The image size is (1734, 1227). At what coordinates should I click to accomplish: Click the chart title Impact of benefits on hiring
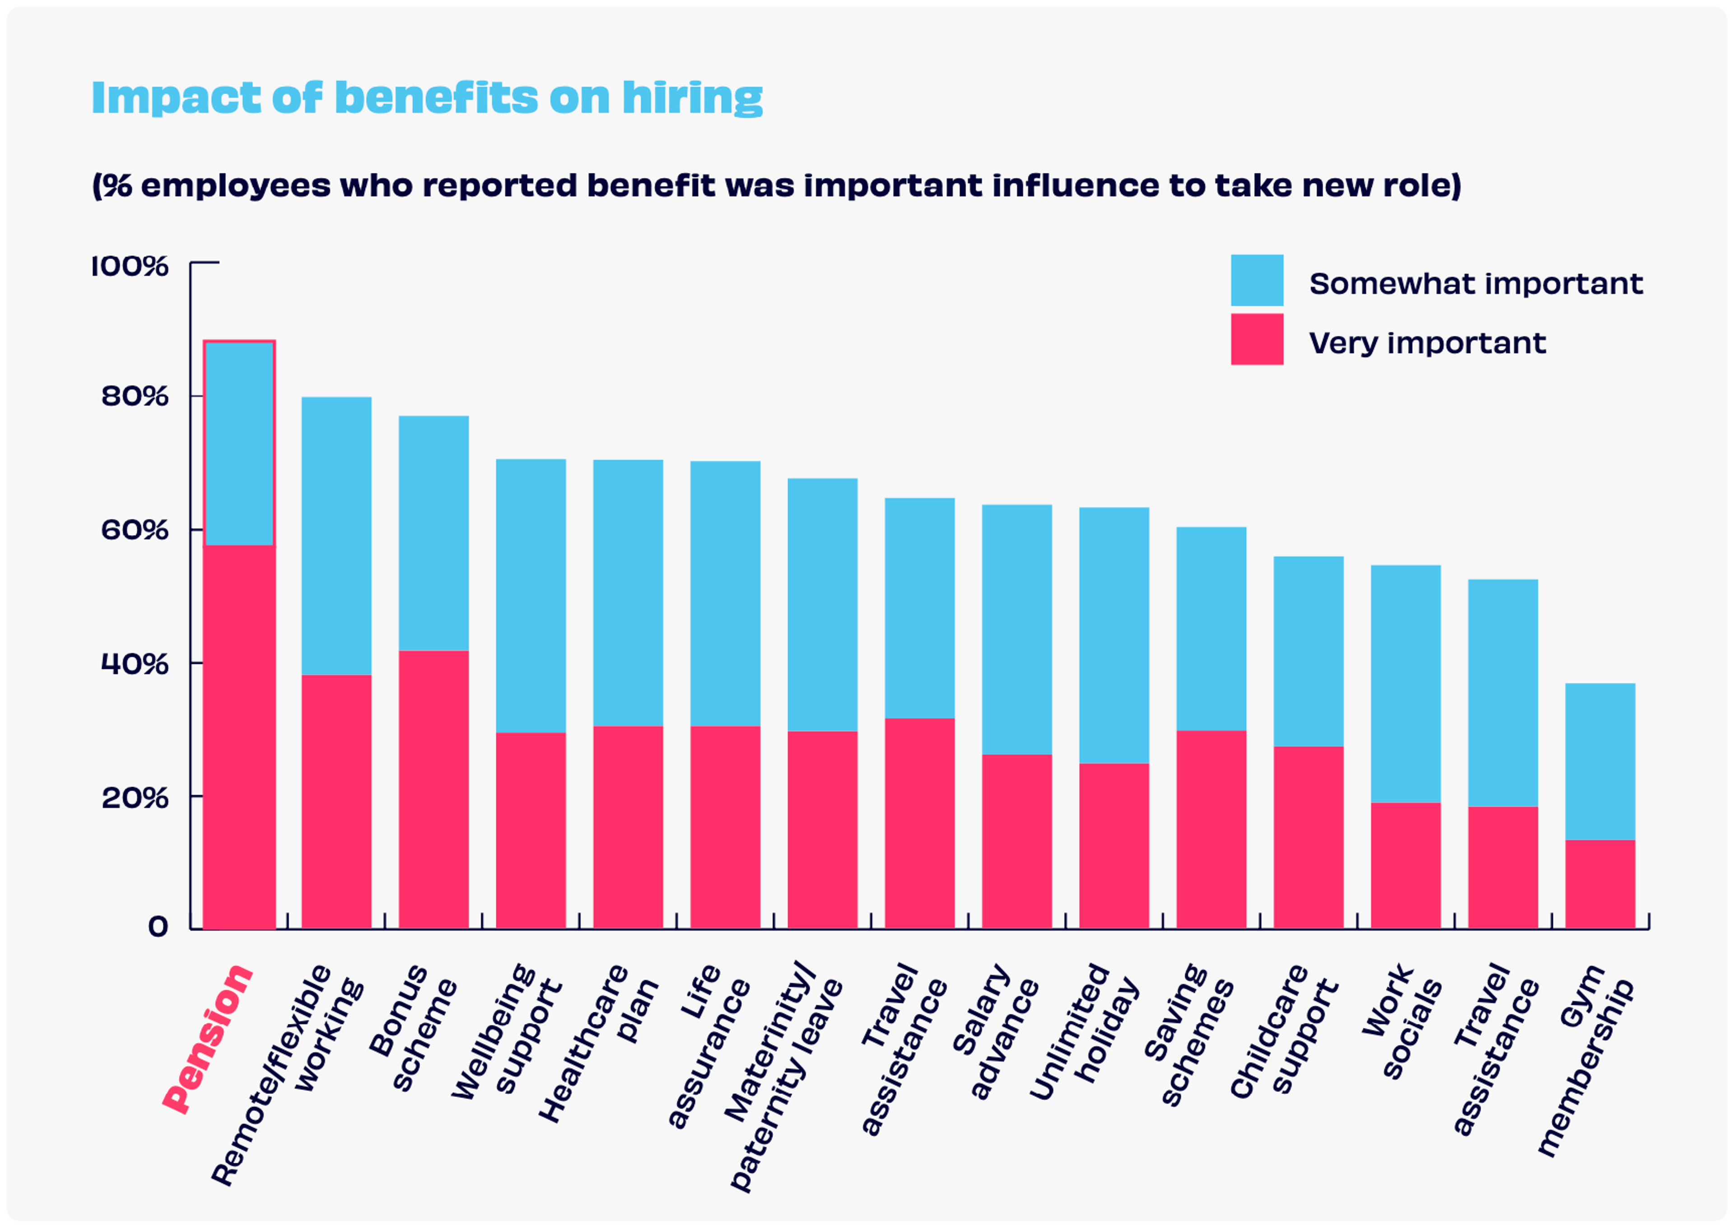pyautogui.click(x=427, y=98)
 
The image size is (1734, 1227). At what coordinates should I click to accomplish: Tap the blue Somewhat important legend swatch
pyautogui.click(x=1257, y=280)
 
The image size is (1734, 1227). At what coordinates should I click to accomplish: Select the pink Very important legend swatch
pyautogui.click(x=1257, y=339)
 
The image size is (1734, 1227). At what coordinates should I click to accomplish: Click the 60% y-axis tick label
pyautogui.click(x=135, y=530)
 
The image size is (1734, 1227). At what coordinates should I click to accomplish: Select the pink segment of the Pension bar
pyautogui.click(x=239, y=737)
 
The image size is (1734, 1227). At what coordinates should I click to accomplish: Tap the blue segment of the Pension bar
pyautogui.click(x=239, y=443)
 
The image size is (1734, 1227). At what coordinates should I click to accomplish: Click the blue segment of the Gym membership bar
pyautogui.click(x=1599, y=761)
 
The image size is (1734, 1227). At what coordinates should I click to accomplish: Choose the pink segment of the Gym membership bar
pyautogui.click(x=1599, y=884)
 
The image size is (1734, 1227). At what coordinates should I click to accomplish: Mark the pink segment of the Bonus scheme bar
pyautogui.click(x=433, y=789)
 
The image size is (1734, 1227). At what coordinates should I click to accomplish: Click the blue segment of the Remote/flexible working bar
pyautogui.click(x=336, y=536)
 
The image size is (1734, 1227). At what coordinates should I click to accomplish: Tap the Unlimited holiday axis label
pyautogui.click(x=1084, y=1031)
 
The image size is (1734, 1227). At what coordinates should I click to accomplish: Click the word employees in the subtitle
pyautogui.click(x=235, y=186)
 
